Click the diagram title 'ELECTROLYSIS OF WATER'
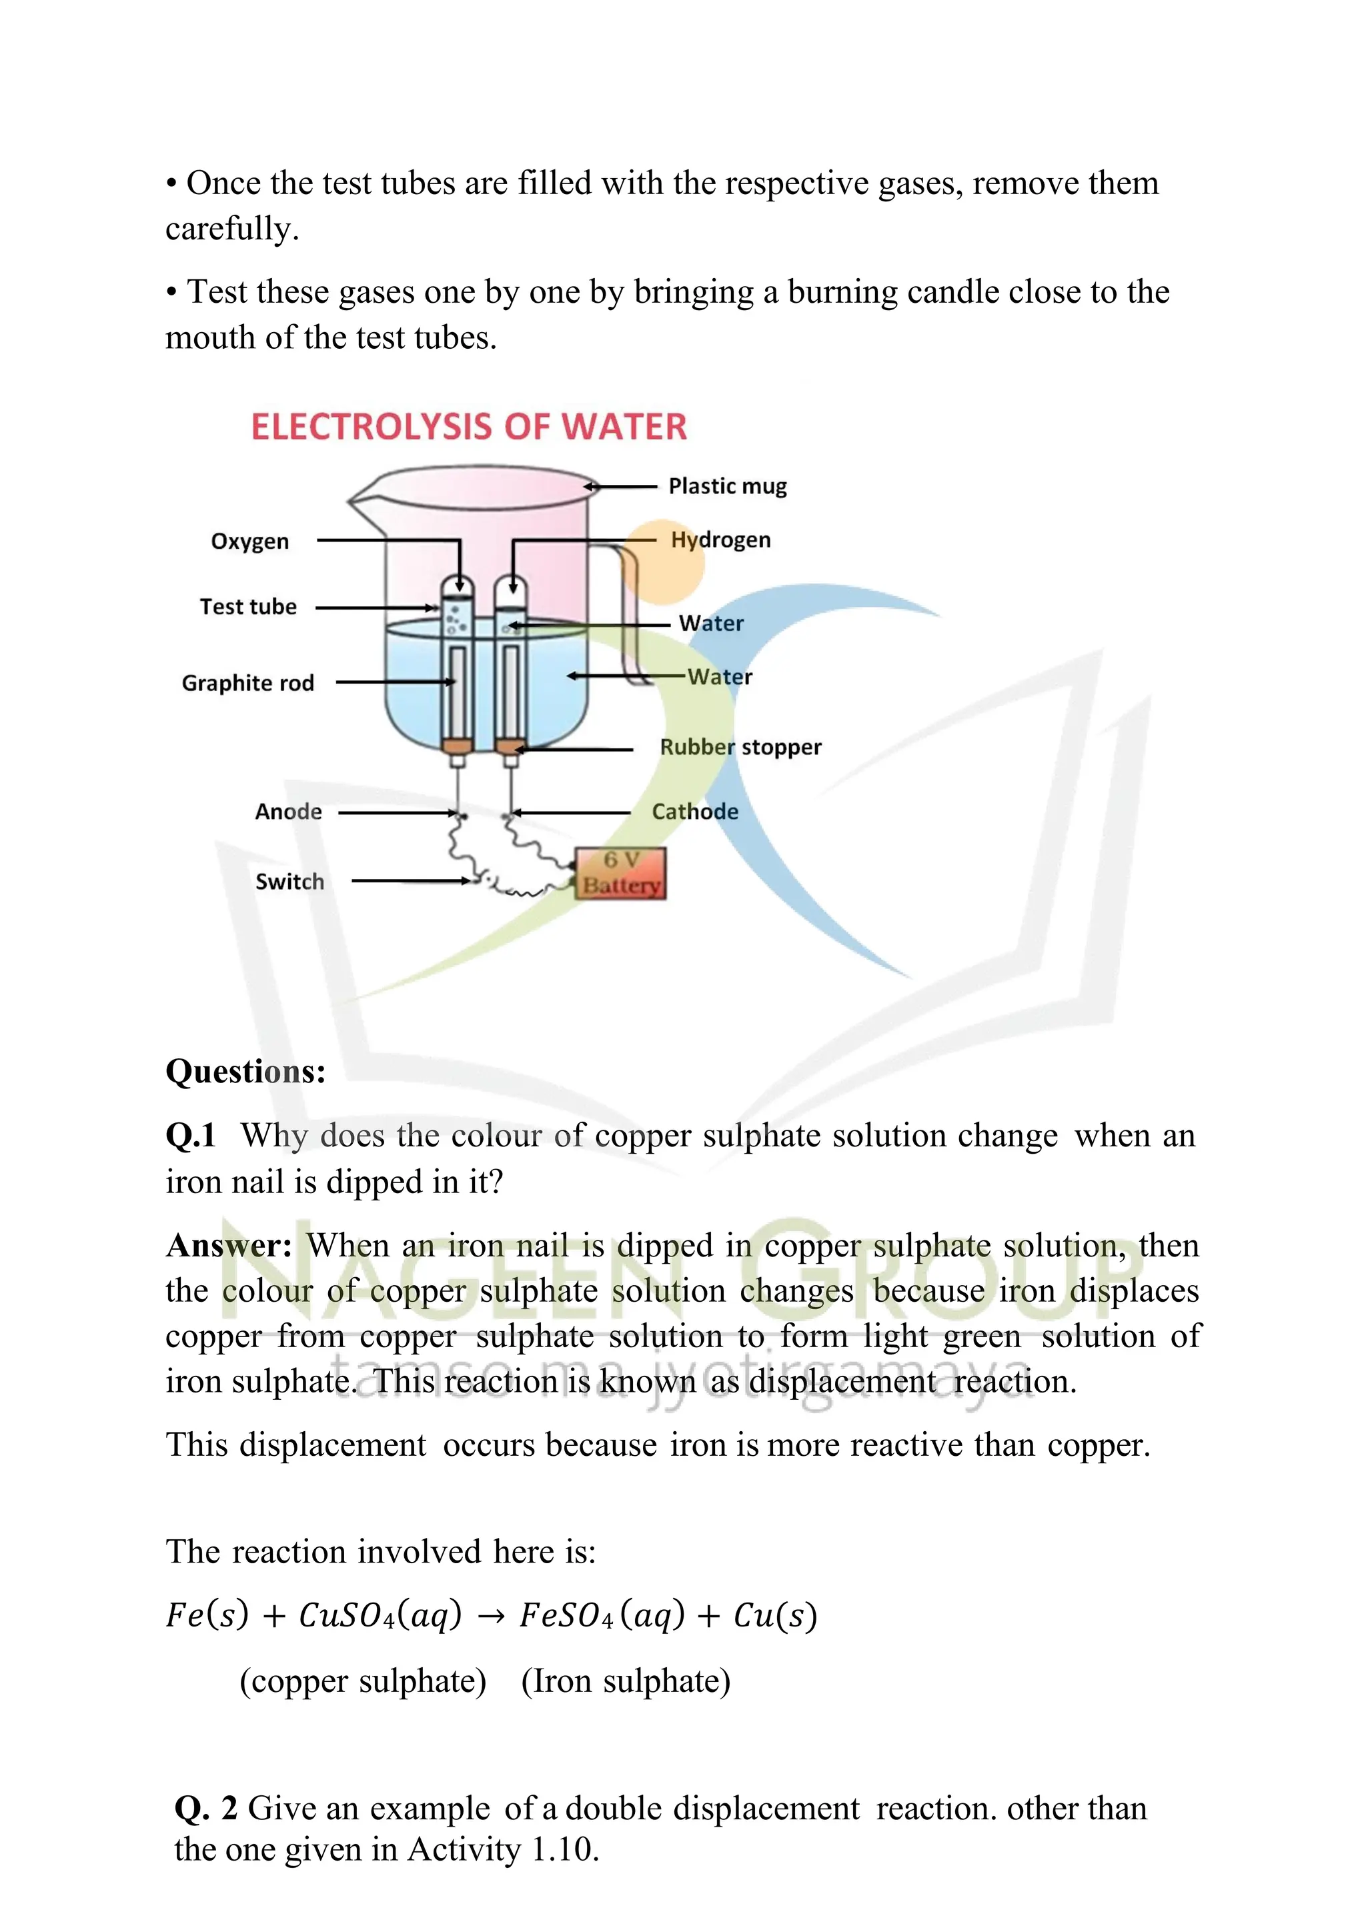coord(469,427)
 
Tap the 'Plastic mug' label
coord(727,486)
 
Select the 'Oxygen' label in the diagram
coord(250,541)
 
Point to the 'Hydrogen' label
coord(720,540)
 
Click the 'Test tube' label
coord(248,607)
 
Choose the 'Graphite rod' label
coord(247,682)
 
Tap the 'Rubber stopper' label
coord(740,747)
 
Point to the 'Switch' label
coord(289,882)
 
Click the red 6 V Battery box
coord(620,874)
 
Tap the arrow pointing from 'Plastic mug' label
coord(620,486)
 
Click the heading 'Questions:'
coord(245,1071)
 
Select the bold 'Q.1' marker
coord(190,1135)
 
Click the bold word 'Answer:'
coord(229,1245)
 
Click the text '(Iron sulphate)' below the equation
coord(626,1681)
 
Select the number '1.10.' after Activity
coord(565,1849)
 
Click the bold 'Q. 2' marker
coord(206,1809)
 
